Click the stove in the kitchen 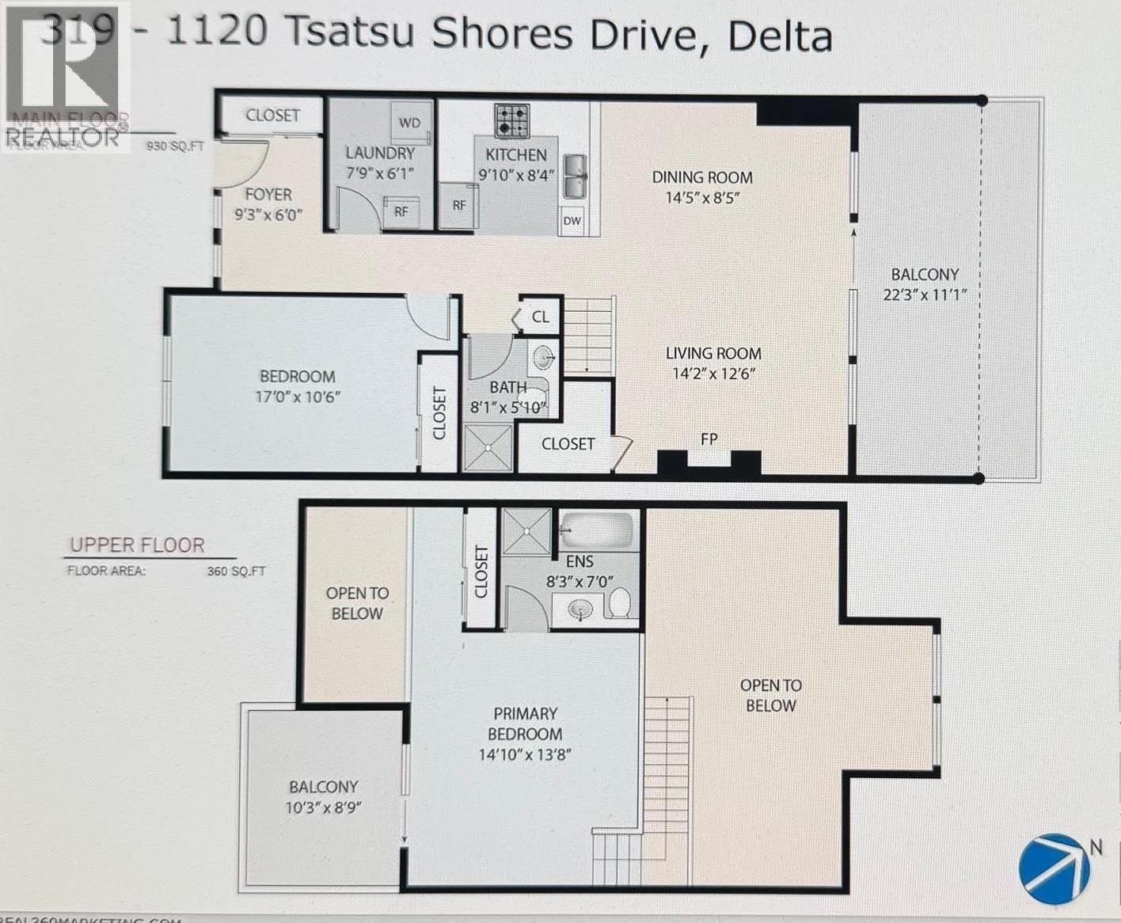[512, 120]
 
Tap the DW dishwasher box [572, 221]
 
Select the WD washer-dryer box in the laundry [409, 123]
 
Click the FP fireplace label [709, 439]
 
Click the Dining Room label [702, 177]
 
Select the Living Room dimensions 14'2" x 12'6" [713, 374]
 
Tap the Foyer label [268, 194]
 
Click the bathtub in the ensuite [597, 530]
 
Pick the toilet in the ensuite [620, 603]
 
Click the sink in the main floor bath [544, 358]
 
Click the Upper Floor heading [137, 545]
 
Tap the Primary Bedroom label [525, 724]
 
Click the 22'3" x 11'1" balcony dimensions [925, 295]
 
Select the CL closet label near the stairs [541, 317]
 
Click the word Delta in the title [780, 36]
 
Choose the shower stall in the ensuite [526, 530]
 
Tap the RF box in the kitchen [459, 205]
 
